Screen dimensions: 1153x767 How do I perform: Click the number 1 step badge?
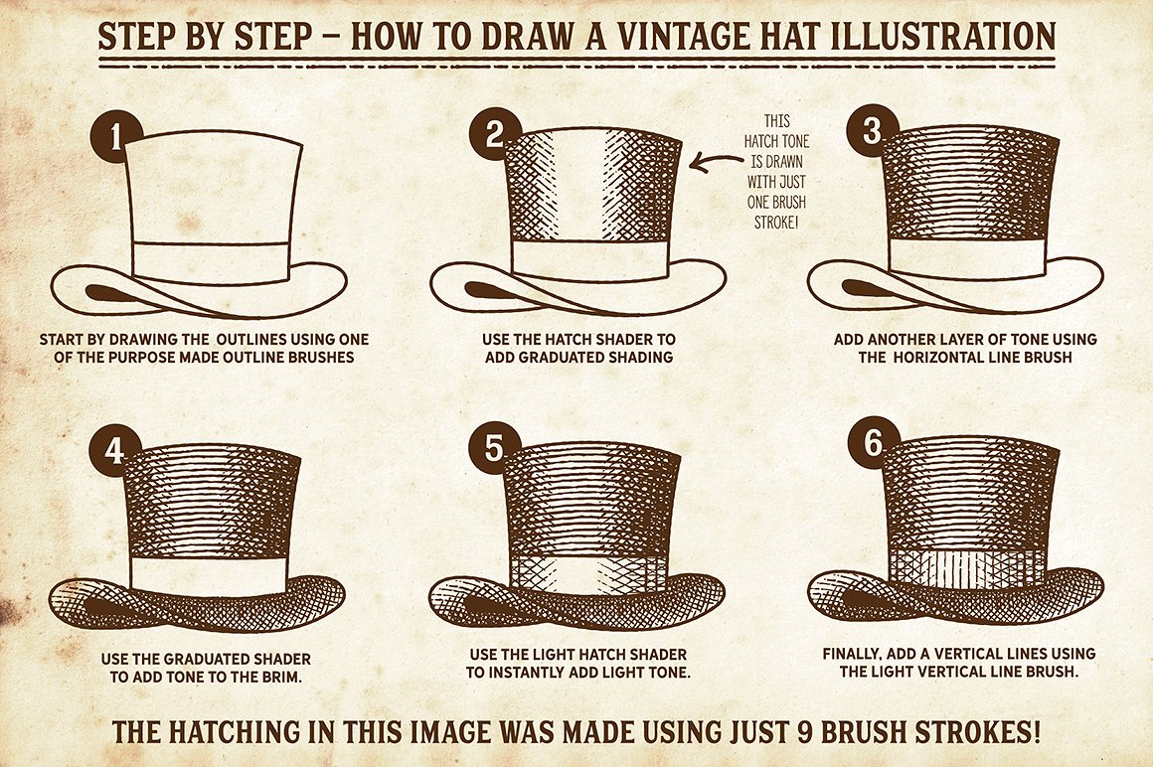pyautogui.click(x=116, y=137)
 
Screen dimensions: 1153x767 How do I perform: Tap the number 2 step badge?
pyautogui.click(x=494, y=134)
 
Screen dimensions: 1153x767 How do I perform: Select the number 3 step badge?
pyautogui.click(x=873, y=131)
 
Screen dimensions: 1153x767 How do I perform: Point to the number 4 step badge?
pyautogui.click(x=114, y=451)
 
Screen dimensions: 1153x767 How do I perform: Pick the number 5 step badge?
pyautogui.click(x=494, y=447)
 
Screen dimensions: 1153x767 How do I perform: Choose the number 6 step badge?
pyautogui.click(x=873, y=443)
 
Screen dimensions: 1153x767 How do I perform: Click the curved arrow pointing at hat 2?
pyautogui.click(x=717, y=162)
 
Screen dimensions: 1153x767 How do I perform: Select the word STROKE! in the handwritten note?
pyautogui.click(x=775, y=222)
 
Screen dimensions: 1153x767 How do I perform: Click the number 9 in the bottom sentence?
pyautogui.click(x=806, y=732)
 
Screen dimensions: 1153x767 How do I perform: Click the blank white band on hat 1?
pyautogui.click(x=210, y=262)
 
